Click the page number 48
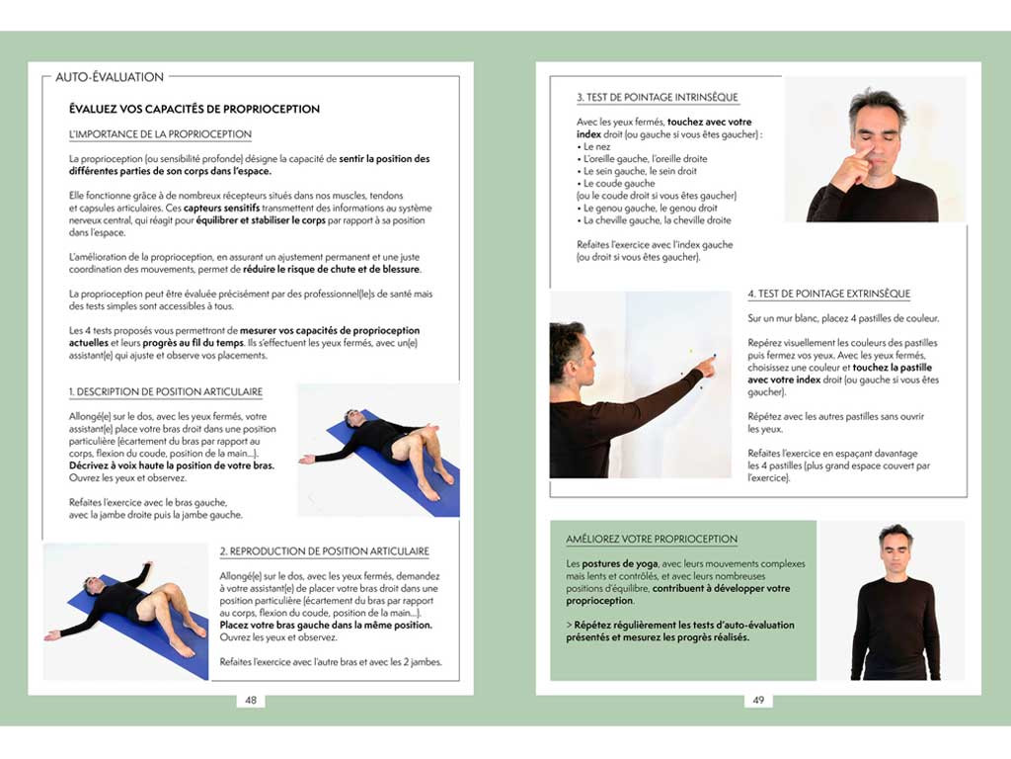[x=251, y=700]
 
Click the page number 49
[x=758, y=700]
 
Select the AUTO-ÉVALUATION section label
[x=110, y=76]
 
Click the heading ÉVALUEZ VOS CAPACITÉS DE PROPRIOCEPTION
[x=194, y=109]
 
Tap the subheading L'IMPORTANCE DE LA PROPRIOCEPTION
[x=160, y=133]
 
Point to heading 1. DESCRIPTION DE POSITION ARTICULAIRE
[x=174, y=392]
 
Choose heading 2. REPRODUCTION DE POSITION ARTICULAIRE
[x=324, y=550]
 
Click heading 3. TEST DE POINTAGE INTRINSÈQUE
[x=657, y=97]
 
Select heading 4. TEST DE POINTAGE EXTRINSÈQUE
[x=828, y=294]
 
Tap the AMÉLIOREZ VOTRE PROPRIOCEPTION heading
[x=652, y=539]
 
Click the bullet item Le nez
[x=596, y=146]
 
